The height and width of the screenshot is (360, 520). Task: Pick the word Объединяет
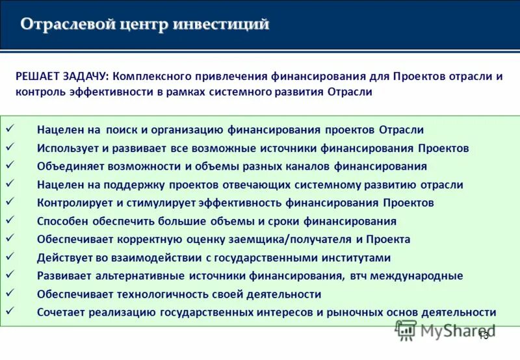68,166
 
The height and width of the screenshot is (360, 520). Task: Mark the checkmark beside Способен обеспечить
9,220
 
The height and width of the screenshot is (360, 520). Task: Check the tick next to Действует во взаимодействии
9,257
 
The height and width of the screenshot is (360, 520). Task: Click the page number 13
483,335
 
